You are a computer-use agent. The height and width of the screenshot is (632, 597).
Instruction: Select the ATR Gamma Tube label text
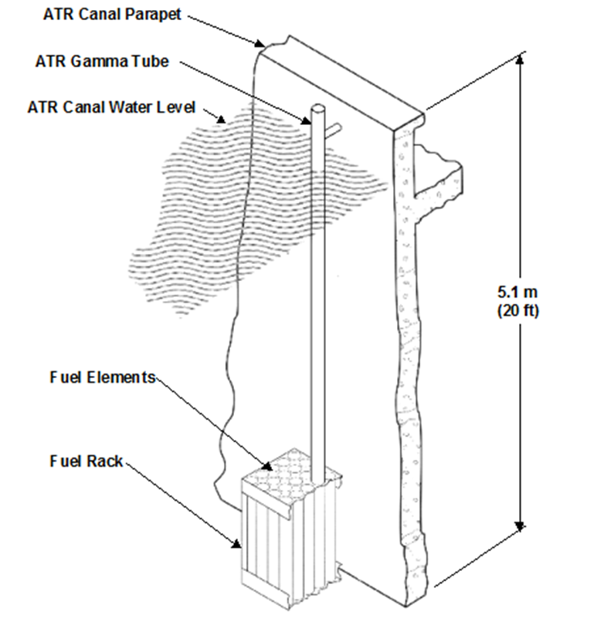102,61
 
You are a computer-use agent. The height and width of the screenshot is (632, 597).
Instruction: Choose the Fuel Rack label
86,461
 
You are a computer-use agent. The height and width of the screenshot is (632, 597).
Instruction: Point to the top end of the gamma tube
317,108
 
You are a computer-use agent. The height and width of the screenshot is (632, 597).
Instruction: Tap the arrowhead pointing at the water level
221,119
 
